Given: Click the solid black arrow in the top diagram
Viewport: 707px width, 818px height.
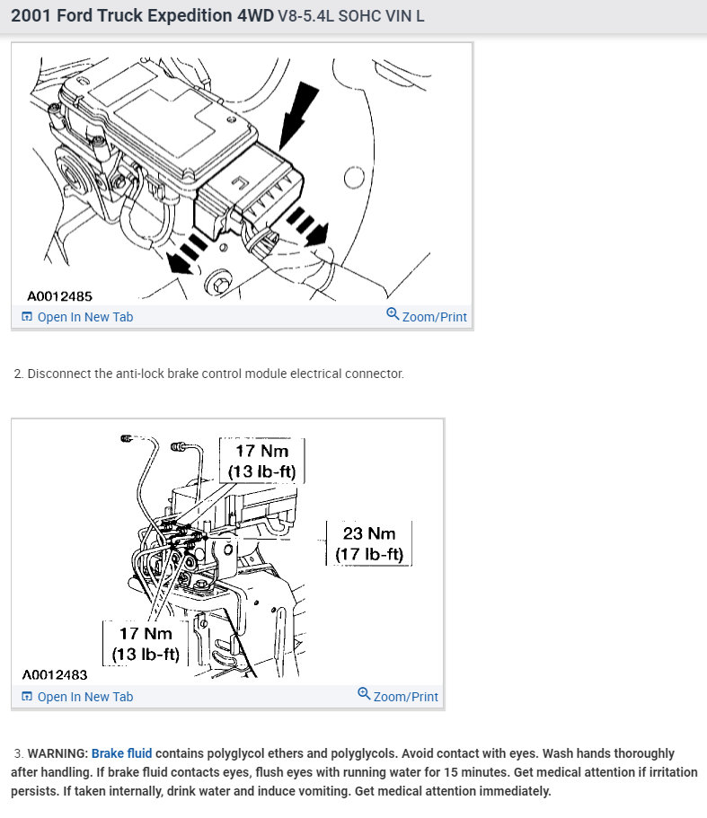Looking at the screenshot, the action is (298, 116).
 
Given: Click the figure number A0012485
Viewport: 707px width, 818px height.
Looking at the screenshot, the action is (59, 296).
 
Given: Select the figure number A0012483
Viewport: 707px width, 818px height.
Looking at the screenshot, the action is (55, 674).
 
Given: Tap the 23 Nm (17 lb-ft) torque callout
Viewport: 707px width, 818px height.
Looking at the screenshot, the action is (369, 543).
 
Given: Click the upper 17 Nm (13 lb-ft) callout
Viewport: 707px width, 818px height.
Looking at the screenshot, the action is (262, 461).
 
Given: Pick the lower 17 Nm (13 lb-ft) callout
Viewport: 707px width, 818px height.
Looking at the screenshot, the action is (146, 643).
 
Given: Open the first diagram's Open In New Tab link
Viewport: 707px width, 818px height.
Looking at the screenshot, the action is (77, 317).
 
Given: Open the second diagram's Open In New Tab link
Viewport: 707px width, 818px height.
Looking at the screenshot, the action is (77, 697).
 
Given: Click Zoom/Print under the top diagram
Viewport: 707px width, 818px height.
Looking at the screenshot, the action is (427, 316).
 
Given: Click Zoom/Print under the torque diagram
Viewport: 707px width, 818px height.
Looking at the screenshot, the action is (398, 696).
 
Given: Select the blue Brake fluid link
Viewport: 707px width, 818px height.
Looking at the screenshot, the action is (121, 753).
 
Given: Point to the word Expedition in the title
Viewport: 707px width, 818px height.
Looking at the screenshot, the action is (190, 15).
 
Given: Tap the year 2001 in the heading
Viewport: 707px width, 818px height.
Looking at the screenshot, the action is (31, 15).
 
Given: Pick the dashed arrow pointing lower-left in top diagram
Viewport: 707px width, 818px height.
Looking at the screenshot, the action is (188, 254).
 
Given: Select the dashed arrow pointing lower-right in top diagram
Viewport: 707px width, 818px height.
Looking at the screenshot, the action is (308, 226).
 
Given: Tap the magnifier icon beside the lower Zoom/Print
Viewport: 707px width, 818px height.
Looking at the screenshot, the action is (364, 693).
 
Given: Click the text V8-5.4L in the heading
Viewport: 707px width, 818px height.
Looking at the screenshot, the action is (305, 16).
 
